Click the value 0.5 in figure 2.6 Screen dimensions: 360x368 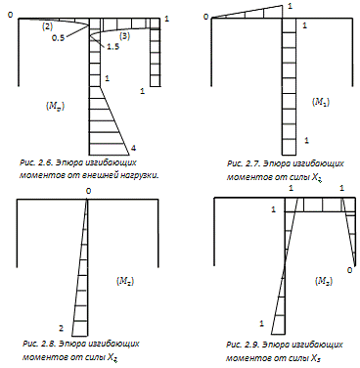[58, 37]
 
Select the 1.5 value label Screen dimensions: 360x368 [112, 47]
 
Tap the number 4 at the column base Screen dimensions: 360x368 [133, 149]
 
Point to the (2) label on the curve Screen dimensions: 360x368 [47, 26]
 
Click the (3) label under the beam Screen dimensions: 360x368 [124, 36]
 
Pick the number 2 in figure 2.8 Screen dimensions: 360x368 [61, 328]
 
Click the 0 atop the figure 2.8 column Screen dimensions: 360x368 [88, 191]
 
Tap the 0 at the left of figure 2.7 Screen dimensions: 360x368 [205, 17]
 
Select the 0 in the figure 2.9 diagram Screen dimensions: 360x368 [350, 270]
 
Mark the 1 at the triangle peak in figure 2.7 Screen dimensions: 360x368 [291, 6]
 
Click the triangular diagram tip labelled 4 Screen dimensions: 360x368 [129, 155]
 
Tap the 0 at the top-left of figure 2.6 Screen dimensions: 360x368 [11, 15]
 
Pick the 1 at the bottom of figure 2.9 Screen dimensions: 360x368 [261, 324]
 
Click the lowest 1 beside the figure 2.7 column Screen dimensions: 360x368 [306, 141]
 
